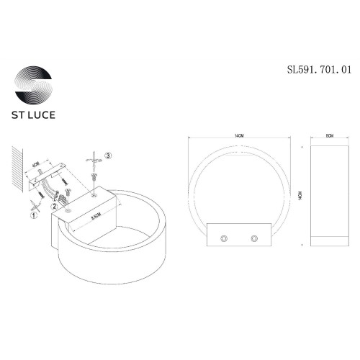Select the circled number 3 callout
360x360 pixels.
107,155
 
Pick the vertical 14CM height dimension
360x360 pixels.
297,194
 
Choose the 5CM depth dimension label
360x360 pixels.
329,134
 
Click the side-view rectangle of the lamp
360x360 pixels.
329,194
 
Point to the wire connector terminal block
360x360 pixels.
63,196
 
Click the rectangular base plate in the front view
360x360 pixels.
238,237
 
